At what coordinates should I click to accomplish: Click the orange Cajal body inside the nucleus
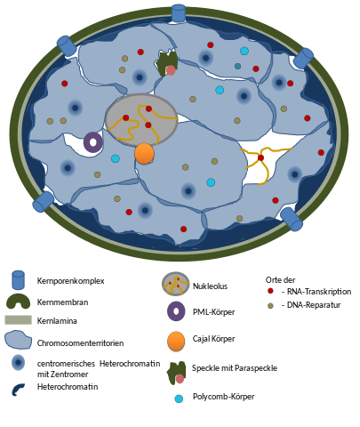click(x=144, y=154)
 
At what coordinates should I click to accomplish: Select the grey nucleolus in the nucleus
click(x=141, y=120)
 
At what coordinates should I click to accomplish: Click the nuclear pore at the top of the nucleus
click(x=179, y=12)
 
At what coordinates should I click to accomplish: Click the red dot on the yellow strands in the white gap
click(x=260, y=157)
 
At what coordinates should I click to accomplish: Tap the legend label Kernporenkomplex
click(x=70, y=281)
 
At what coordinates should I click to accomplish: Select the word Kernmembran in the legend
click(x=62, y=302)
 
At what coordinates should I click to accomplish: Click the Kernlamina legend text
click(x=57, y=321)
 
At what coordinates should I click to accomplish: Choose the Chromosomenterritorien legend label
click(x=80, y=343)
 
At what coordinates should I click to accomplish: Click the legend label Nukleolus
click(x=210, y=286)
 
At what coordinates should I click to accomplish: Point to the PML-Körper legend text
click(x=213, y=312)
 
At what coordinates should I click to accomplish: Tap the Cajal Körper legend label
click(x=213, y=339)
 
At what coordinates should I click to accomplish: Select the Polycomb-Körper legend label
click(x=223, y=397)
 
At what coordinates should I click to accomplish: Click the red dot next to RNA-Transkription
click(x=270, y=291)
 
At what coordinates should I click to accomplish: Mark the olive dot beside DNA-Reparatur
click(x=270, y=306)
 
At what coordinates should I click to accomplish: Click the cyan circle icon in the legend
click(x=179, y=399)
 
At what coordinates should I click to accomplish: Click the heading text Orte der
click(x=280, y=280)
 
